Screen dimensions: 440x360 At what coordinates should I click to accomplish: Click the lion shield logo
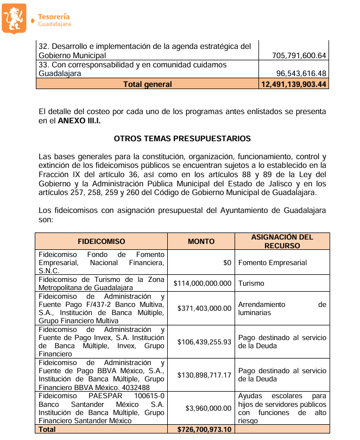click(x=14, y=17)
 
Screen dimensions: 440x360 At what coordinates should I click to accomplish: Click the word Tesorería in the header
click(x=54, y=16)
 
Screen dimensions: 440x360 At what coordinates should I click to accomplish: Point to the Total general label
click(x=147, y=84)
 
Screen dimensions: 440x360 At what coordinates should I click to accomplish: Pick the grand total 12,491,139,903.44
click(x=294, y=84)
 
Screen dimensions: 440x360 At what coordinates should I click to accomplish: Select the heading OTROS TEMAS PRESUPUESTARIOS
click(x=182, y=139)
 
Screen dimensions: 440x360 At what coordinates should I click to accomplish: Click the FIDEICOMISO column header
click(x=102, y=241)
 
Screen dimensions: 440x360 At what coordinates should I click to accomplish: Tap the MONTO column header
click(x=201, y=241)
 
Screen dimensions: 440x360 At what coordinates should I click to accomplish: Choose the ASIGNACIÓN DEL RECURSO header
click(x=282, y=241)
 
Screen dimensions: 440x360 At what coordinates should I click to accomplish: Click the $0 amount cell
click(x=227, y=262)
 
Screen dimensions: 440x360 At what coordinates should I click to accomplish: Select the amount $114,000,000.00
click(x=203, y=283)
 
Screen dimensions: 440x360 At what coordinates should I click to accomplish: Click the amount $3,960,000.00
click(x=209, y=408)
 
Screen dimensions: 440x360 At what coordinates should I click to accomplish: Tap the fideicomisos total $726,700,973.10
click(x=204, y=429)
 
